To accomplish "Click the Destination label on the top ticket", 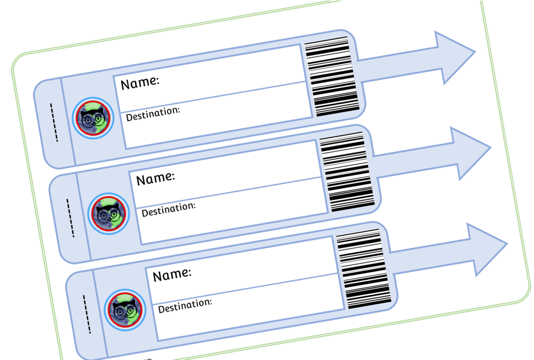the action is [153, 114].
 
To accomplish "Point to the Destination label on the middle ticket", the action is [169, 209].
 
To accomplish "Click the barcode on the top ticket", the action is [332, 77].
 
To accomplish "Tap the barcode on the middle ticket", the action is [347, 172].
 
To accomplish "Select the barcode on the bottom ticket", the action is [364, 268].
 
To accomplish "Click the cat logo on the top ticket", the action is [93, 118].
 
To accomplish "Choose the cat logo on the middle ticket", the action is [108, 214].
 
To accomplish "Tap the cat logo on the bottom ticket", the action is [125, 310].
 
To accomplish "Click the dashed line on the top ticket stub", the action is [54, 122].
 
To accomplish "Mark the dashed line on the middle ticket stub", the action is [70, 218].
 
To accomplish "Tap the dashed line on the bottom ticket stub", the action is [87, 314].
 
